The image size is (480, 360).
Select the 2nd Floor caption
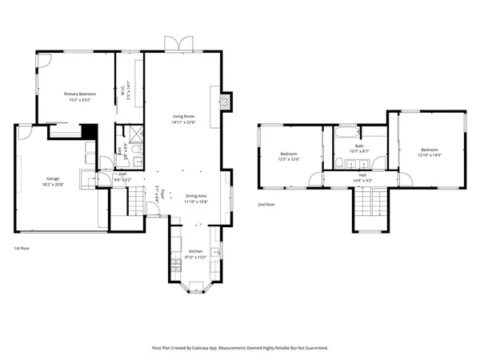coord(267,205)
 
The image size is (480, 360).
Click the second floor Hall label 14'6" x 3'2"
coord(362,176)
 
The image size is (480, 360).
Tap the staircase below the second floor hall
coord(367,208)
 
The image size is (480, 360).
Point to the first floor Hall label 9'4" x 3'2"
coord(122,176)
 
